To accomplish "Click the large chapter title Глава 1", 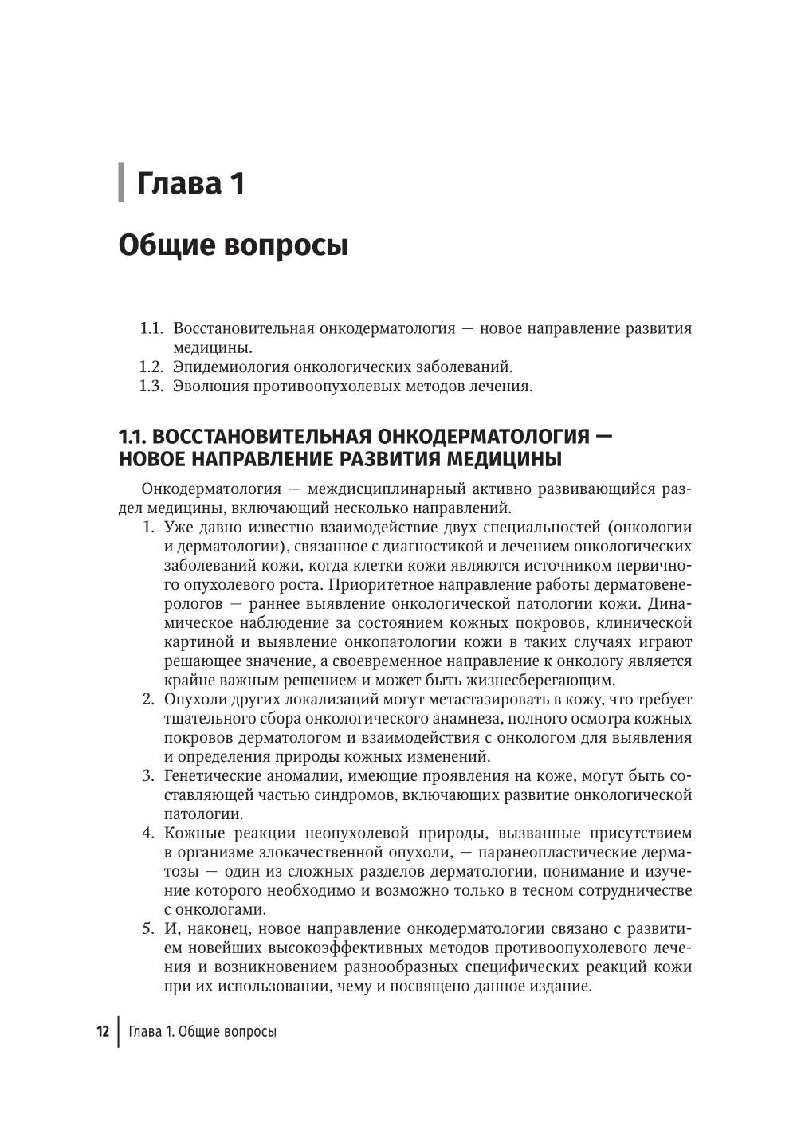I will point(190,184).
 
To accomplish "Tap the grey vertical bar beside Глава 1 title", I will point(121,182).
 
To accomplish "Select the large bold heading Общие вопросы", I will point(234,245).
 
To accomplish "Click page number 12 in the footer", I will point(103,1031).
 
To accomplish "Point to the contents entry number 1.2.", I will point(151,367).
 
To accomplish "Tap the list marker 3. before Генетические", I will point(148,776).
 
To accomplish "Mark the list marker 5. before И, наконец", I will point(148,929).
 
